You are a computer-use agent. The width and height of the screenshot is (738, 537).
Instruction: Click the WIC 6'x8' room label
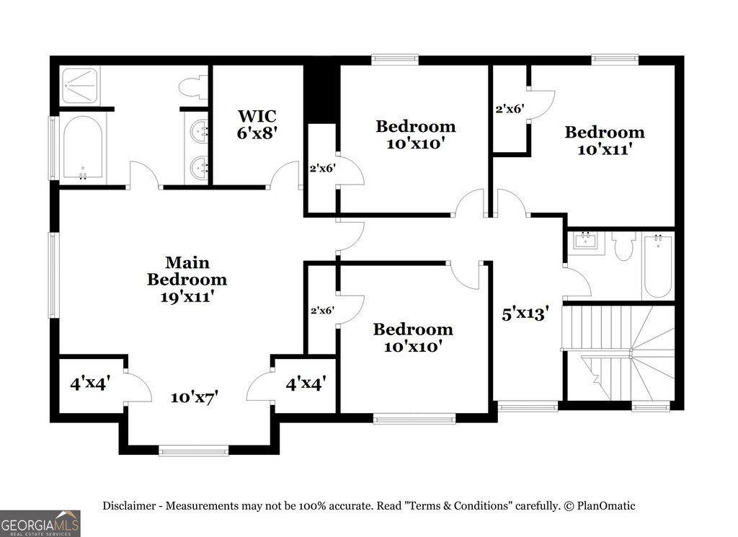coord(257,124)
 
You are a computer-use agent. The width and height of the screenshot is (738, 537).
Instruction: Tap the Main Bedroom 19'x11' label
coord(187,279)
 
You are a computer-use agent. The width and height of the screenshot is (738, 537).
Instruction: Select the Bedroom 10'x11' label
coord(605,141)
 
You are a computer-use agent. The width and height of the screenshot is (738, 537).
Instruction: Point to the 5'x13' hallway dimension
coord(525,314)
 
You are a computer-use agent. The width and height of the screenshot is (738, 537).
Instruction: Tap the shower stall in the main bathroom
coord(81,86)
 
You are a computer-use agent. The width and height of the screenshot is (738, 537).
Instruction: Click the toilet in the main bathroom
coord(193,88)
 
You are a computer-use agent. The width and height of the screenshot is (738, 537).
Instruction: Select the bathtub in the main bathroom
coord(83,148)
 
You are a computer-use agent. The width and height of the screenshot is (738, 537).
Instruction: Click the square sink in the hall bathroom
coord(585,241)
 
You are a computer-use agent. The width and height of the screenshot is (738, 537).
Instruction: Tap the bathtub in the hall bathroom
coord(658,265)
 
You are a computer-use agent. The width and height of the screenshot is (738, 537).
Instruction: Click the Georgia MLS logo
coord(40,523)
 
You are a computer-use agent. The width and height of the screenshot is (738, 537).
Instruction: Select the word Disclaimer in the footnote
coord(130,506)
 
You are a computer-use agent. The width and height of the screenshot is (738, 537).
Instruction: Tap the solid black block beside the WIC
coord(321,94)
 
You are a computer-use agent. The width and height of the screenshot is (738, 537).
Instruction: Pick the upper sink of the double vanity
coord(199,129)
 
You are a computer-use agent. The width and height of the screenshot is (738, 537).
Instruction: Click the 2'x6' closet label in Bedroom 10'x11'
coord(510,109)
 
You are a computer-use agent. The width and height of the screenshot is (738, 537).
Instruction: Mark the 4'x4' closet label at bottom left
coord(90,383)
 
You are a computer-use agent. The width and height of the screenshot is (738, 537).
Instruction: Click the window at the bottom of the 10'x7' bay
coord(193,451)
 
